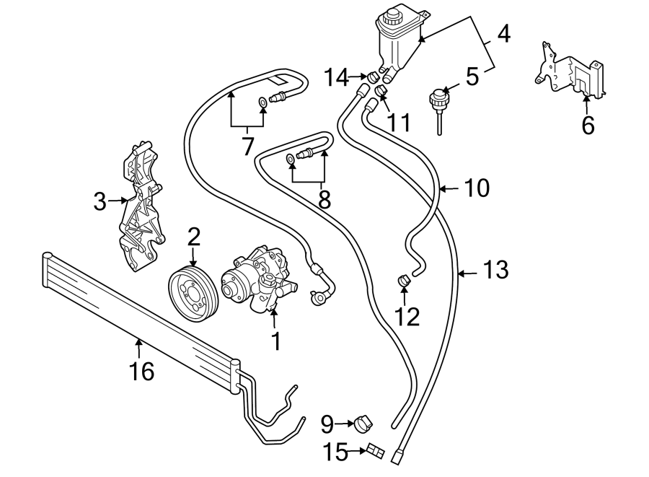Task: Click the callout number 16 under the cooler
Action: coord(142,371)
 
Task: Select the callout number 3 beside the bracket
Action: coord(100,202)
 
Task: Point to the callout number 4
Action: coord(503,33)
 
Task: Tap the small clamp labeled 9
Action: coord(365,423)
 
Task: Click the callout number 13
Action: coord(495,271)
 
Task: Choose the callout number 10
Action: coord(476,188)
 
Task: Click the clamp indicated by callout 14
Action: coord(374,75)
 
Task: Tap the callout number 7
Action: coord(247,146)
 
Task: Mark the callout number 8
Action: coord(324,199)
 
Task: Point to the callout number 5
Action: coord(472,76)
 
